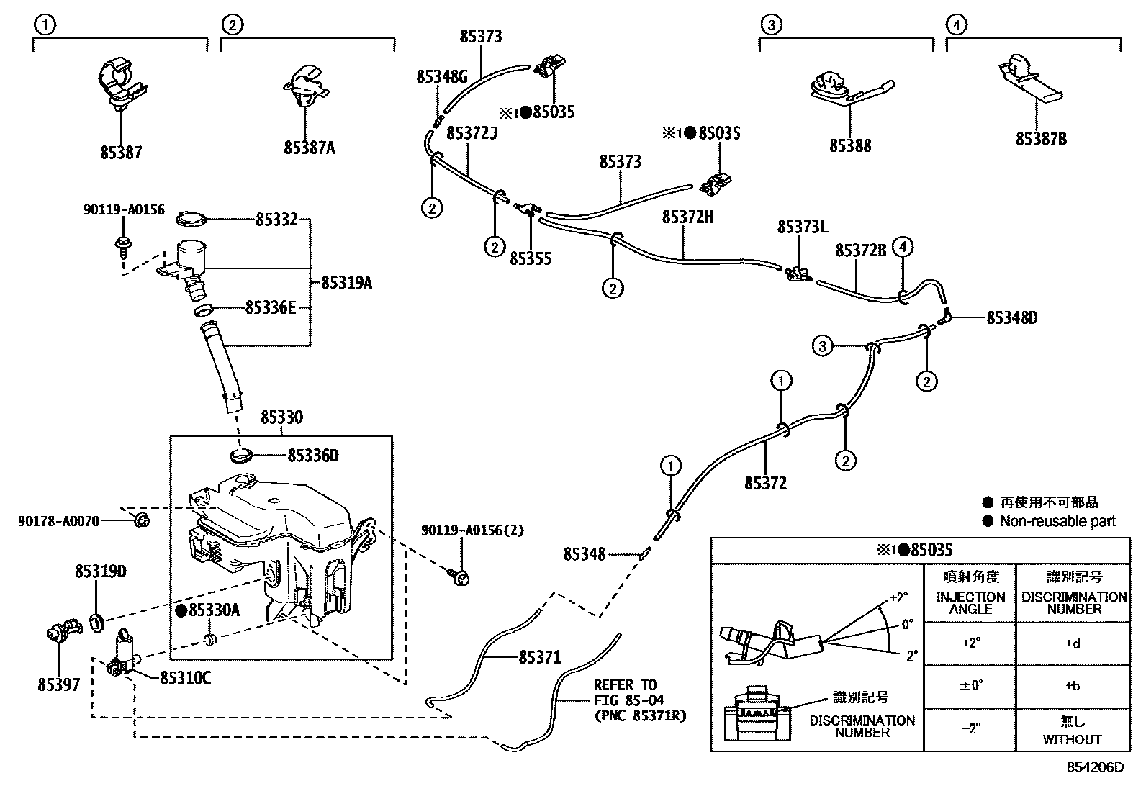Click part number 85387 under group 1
pos(121,153)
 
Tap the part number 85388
pos(849,145)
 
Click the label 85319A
pos(346,283)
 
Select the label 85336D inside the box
pos(312,456)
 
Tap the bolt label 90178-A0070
pos(58,520)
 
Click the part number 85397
pos(59,684)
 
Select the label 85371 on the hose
pos(539,657)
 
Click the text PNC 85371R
pos(640,716)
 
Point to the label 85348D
pos(1011,317)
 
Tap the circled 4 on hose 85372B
pos(903,248)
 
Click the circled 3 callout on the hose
pos(823,345)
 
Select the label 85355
pos(531,258)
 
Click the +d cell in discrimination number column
pos(1073,643)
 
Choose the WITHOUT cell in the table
pos(1073,739)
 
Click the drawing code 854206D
pos(1094,767)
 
